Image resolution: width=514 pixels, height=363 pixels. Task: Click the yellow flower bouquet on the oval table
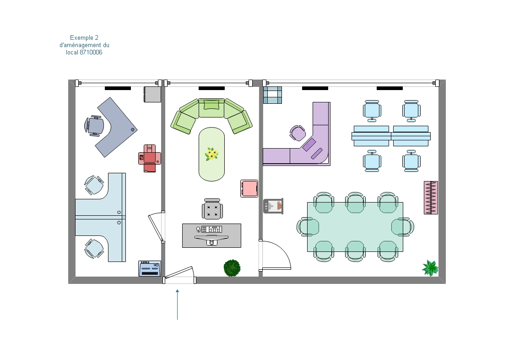click(212, 154)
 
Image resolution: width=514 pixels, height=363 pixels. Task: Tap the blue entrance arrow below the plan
click(177, 304)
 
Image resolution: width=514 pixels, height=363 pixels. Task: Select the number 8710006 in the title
click(91, 53)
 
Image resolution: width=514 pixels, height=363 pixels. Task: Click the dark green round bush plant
click(232, 268)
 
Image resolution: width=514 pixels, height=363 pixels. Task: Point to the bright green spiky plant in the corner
click(430, 268)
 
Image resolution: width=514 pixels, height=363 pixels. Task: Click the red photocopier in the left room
click(150, 159)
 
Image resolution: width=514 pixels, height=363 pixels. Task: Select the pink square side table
click(249, 188)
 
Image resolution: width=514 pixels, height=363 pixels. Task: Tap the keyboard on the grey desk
click(211, 229)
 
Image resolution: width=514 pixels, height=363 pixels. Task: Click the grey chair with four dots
click(212, 209)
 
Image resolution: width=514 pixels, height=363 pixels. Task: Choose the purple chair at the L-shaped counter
click(298, 133)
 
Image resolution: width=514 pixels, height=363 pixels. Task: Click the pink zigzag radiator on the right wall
click(431, 198)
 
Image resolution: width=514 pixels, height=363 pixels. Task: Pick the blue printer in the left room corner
click(150, 268)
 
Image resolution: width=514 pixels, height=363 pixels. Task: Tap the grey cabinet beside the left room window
click(152, 94)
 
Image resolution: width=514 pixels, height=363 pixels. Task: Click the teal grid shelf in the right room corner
click(272, 95)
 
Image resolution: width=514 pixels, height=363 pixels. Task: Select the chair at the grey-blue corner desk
click(94, 126)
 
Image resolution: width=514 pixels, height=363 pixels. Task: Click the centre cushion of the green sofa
click(211, 108)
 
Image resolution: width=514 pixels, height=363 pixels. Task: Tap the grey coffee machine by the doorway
click(273, 206)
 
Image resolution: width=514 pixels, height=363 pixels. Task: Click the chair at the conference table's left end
click(308, 227)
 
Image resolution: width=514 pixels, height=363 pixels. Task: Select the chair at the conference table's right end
click(403, 227)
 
